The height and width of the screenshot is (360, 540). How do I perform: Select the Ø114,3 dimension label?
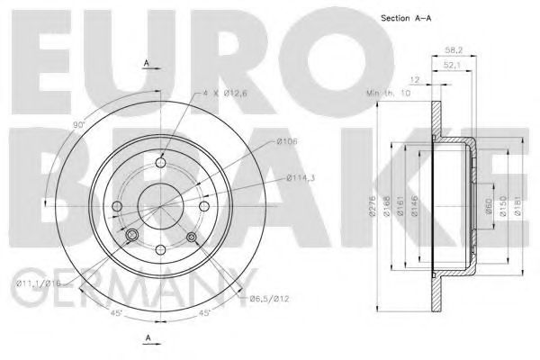[301, 178]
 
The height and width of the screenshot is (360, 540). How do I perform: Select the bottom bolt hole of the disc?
[159, 249]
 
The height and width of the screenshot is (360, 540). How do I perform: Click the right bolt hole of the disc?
[202, 206]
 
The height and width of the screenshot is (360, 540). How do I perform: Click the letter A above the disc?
[146, 63]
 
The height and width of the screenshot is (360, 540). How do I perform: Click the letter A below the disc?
[146, 338]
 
